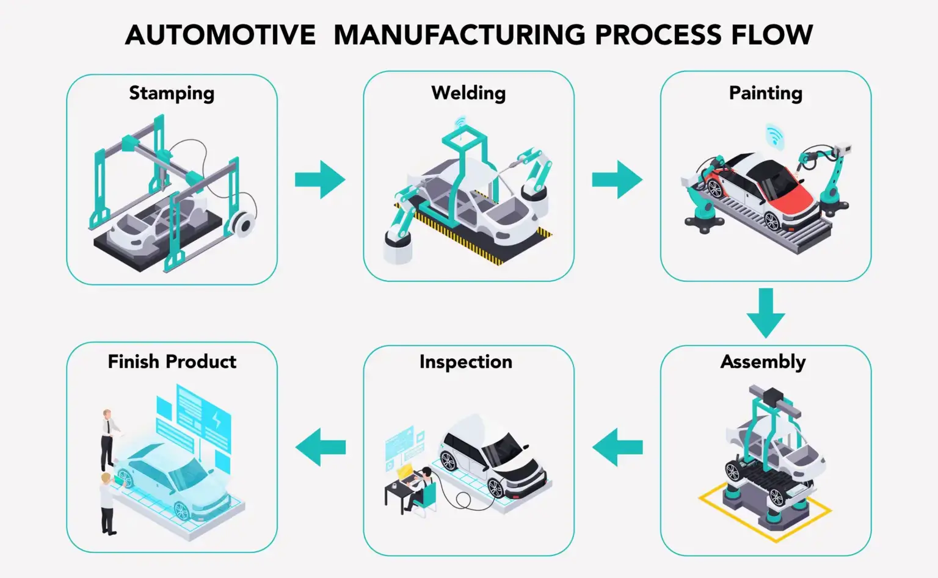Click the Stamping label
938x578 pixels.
click(172, 93)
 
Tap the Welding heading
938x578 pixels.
click(468, 93)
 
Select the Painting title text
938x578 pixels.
click(765, 93)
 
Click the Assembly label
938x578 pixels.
click(763, 361)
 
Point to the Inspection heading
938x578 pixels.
click(465, 361)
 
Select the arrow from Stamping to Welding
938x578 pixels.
click(319, 179)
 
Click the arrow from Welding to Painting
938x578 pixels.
click(617, 179)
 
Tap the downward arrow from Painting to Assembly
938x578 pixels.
click(765, 312)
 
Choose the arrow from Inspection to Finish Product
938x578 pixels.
click(320, 447)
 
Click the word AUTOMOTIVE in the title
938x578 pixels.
click(220, 35)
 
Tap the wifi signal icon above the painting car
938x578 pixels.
click(775, 135)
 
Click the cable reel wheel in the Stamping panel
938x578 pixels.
click(244, 225)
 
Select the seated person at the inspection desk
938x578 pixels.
click(421, 488)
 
